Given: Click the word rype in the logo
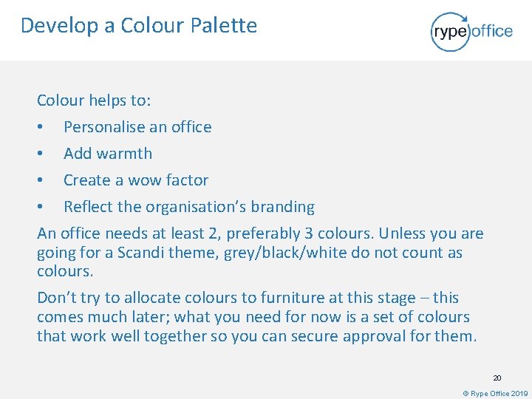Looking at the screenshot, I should [x=451, y=31].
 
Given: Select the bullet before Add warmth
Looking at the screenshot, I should [x=41, y=154].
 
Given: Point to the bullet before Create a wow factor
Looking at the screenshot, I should [x=41, y=181].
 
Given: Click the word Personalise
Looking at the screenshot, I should [x=104, y=127].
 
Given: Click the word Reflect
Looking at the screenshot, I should [x=87, y=207].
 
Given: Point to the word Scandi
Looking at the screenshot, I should [x=143, y=253].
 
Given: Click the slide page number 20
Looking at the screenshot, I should [x=497, y=378].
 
